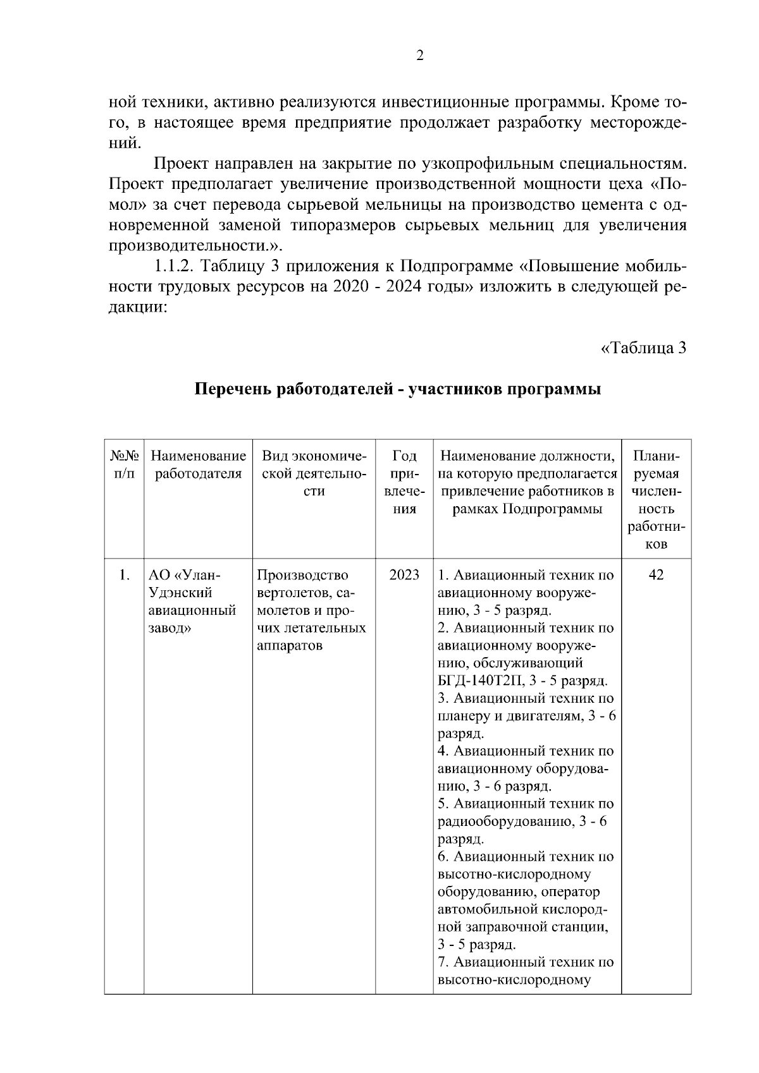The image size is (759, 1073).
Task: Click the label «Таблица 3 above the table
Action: click(643, 348)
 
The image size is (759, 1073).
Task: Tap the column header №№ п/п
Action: click(124, 464)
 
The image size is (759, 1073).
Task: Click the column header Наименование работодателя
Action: click(198, 464)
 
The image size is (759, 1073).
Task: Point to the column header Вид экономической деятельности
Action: click(314, 473)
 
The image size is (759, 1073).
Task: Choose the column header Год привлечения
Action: click(404, 482)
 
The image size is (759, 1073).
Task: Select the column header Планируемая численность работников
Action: click(657, 499)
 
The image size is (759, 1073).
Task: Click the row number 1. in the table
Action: click(124, 575)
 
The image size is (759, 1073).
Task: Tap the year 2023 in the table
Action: click(404, 575)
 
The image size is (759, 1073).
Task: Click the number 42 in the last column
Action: click(656, 575)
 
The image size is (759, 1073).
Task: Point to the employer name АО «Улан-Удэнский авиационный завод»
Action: click(192, 602)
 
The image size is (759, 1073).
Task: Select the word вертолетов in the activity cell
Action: click(293, 593)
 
